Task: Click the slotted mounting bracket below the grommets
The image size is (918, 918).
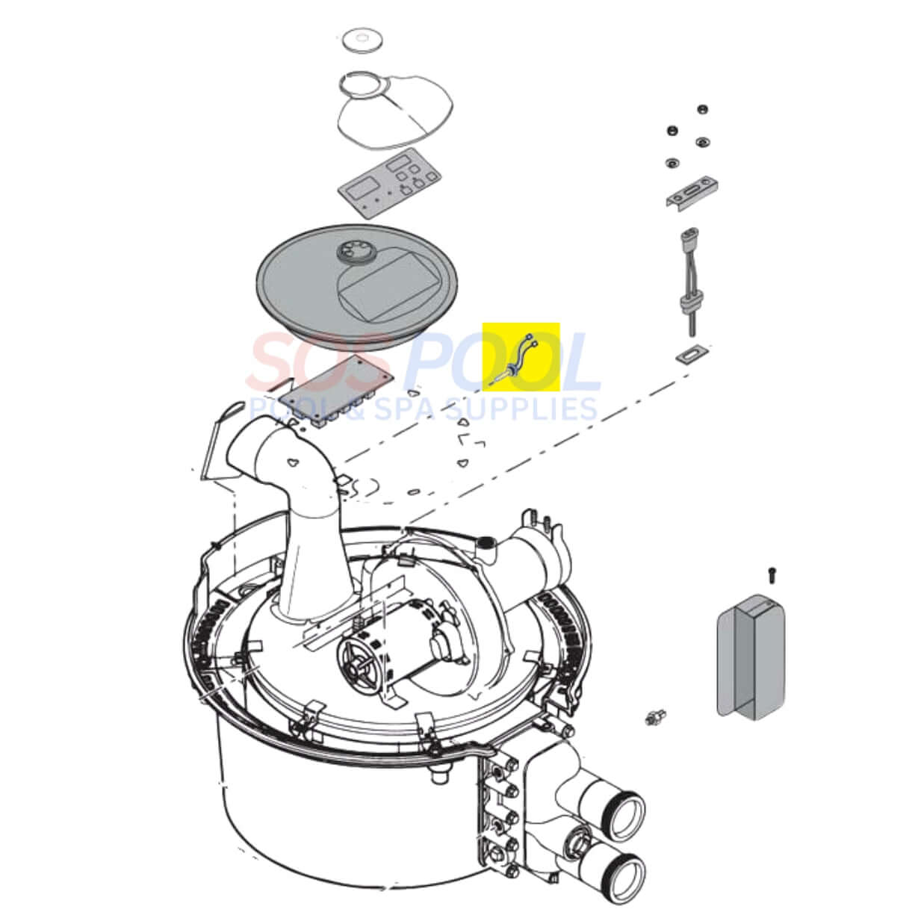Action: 692,193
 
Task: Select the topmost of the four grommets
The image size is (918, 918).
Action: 701,110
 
